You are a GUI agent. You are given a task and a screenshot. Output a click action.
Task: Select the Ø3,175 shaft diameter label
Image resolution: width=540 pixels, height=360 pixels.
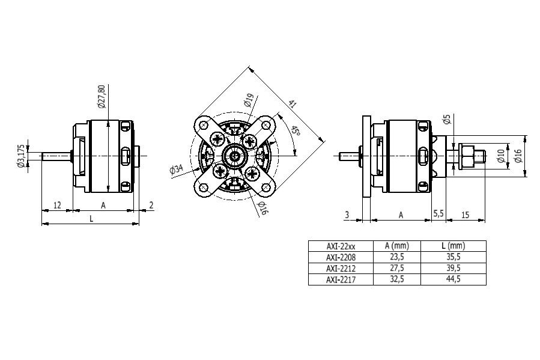(22, 156)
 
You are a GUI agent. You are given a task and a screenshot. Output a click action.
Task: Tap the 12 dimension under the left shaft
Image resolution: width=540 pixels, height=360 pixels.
(57, 205)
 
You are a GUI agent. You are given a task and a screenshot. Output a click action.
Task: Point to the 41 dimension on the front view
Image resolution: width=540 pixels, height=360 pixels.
(293, 104)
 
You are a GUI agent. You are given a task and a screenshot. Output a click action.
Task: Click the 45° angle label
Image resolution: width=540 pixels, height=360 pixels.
(295, 131)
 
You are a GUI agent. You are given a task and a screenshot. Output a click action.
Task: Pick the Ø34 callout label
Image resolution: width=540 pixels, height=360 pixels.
(177, 170)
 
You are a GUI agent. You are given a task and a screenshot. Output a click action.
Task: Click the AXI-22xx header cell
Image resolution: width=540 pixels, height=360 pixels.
(340, 246)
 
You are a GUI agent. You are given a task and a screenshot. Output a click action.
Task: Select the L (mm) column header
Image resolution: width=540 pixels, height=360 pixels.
(453, 246)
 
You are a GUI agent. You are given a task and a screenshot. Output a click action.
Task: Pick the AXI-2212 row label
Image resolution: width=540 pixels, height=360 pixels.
(340, 269)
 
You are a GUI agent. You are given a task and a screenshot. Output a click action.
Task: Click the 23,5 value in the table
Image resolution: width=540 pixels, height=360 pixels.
(396, 257)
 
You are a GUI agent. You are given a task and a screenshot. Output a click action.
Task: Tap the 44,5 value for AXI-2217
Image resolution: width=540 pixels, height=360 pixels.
(453, 279)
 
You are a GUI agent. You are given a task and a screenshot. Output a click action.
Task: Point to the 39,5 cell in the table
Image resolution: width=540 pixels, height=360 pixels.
(453, 269)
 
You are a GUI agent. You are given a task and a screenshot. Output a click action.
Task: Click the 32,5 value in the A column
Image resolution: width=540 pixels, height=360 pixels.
(396, 279)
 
